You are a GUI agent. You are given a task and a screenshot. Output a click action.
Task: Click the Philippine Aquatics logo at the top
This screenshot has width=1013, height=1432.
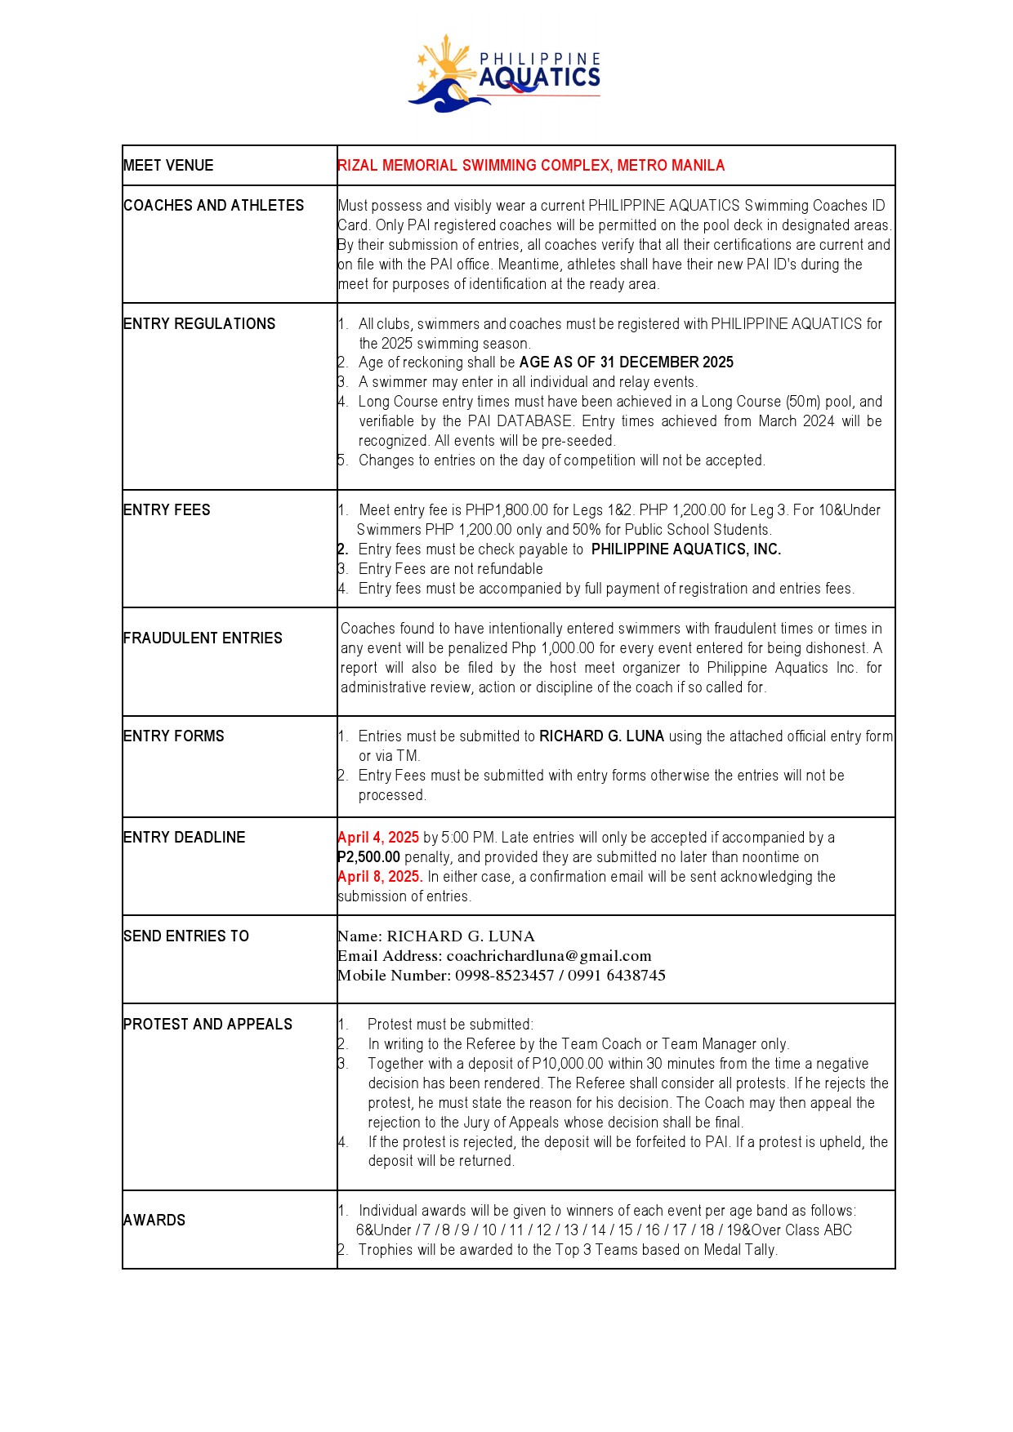click(x=505, y=73)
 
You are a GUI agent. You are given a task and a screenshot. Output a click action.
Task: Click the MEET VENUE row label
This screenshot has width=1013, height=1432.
click(x=168, y=166)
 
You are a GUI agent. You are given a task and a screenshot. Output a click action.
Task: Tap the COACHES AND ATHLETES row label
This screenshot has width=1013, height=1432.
click(x=213, y=206)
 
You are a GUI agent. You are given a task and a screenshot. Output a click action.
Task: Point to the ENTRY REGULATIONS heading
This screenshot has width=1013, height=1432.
click(x=199, y=324)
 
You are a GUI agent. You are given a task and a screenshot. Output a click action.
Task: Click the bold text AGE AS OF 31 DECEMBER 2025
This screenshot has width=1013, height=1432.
click(x=626, y=362)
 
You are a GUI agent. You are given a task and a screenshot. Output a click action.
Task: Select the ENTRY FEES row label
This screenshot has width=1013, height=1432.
click(x=167, y=510)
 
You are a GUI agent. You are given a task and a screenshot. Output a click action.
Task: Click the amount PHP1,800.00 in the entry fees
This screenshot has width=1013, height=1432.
click(x=506, y=510)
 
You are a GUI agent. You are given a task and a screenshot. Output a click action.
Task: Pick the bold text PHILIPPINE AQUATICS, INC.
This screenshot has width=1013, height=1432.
click(x=685, y=549)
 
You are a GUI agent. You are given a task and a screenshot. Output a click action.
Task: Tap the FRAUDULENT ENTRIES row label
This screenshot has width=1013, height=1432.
click(x=203, y=638)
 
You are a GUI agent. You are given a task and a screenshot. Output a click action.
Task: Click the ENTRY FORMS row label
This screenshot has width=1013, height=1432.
click(x=173, y=736)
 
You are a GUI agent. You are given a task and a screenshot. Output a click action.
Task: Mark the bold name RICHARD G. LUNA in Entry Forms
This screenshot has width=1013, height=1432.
click(x=601, y=736)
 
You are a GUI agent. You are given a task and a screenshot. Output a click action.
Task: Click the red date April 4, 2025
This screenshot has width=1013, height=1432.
click(x=378, y=838)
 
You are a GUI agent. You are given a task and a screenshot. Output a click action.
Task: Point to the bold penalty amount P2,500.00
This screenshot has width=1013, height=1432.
click(x=369, y=857)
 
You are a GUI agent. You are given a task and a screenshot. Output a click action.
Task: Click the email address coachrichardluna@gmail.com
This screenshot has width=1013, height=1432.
click(x=549, y=956)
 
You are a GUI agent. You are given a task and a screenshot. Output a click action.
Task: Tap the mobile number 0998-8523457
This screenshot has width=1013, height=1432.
click(x=504, y=976)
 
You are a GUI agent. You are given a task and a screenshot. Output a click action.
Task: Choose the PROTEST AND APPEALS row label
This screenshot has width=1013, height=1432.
click(x=208, y=1025)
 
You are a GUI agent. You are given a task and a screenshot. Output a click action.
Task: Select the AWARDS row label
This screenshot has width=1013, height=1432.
click(x=154, y=1221)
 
